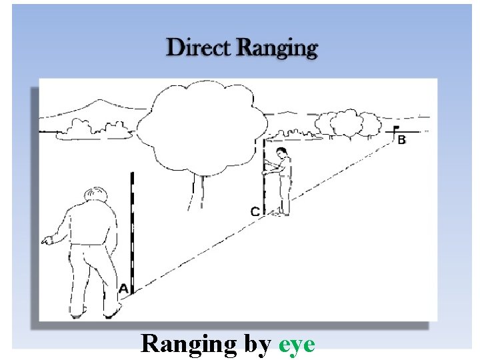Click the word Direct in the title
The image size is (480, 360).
[199, 48]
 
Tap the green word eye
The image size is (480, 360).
[297, 344]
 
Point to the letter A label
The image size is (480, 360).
[123, 289]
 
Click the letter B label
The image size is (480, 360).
[401, 140]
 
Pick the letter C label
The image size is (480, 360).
[255, 211]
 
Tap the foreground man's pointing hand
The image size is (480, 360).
[46, 240]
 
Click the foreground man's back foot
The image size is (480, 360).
[79, 311]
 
